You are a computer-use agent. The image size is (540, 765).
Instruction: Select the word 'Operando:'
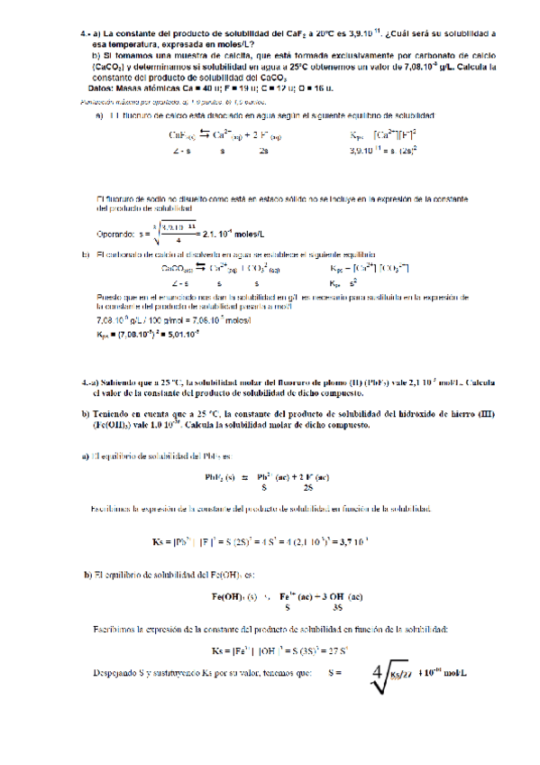coord(114,234)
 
